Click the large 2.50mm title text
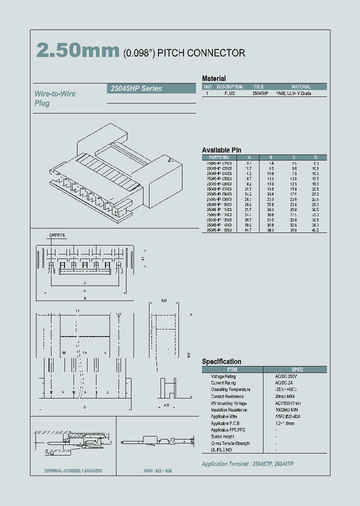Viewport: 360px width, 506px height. pyautogui.click(x=77, y=51)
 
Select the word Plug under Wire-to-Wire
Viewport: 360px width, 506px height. pyautogui.click(x=42, y=103)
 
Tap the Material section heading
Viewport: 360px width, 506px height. pyautogui.click(x=213, y=78)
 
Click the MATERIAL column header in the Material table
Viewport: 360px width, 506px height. pyautogui.click(x=301, y=86)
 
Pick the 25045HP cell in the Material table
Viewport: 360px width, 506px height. pyautogui.click(x=260, y=93)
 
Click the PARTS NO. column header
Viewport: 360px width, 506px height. pyautogui.click(x=219, y=157)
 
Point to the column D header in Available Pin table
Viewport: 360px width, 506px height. pyautogui.click(x=315, y=157)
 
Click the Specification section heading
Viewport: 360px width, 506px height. pyautogui.click(x=221, y=361)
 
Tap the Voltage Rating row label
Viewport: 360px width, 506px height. pyautogui.click(x=223, y=376)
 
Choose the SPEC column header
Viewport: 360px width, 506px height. pyautogui.click(x=297, y=369)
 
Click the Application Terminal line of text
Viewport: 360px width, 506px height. pyautogui.click(x=247, y=464)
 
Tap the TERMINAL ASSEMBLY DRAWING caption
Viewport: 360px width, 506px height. pyautogui.click(x=73, y=470)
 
